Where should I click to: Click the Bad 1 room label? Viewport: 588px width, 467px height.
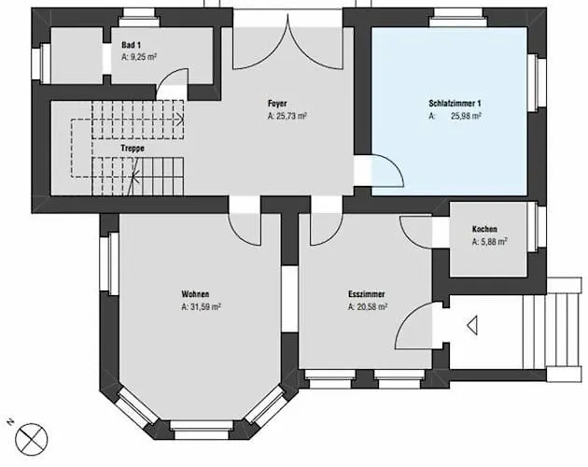pos(132,46)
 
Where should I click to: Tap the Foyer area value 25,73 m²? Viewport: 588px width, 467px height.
pos(287,116)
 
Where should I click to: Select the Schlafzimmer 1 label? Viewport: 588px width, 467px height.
pos(455,104)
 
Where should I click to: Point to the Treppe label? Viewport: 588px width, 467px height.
pos(133,149)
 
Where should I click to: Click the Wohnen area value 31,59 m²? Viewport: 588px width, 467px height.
pos(201,306)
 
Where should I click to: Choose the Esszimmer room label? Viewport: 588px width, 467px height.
pos(367,294)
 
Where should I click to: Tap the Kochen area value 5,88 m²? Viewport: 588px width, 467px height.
pos(490,242)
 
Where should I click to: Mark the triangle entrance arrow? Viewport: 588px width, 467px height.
pos(472,325)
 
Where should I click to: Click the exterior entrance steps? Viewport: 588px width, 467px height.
pos(565,331)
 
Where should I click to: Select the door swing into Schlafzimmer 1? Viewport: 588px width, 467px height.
pos(387,171)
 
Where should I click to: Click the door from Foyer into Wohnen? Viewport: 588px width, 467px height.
pos(245,230)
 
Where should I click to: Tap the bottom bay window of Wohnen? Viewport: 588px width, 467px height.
pos(202,430)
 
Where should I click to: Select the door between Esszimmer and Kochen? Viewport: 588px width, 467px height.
pos(416,232)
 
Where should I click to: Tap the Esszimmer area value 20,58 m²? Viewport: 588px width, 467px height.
pos(368,306)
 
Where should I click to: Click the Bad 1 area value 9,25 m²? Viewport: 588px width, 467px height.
pos(139,58)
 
